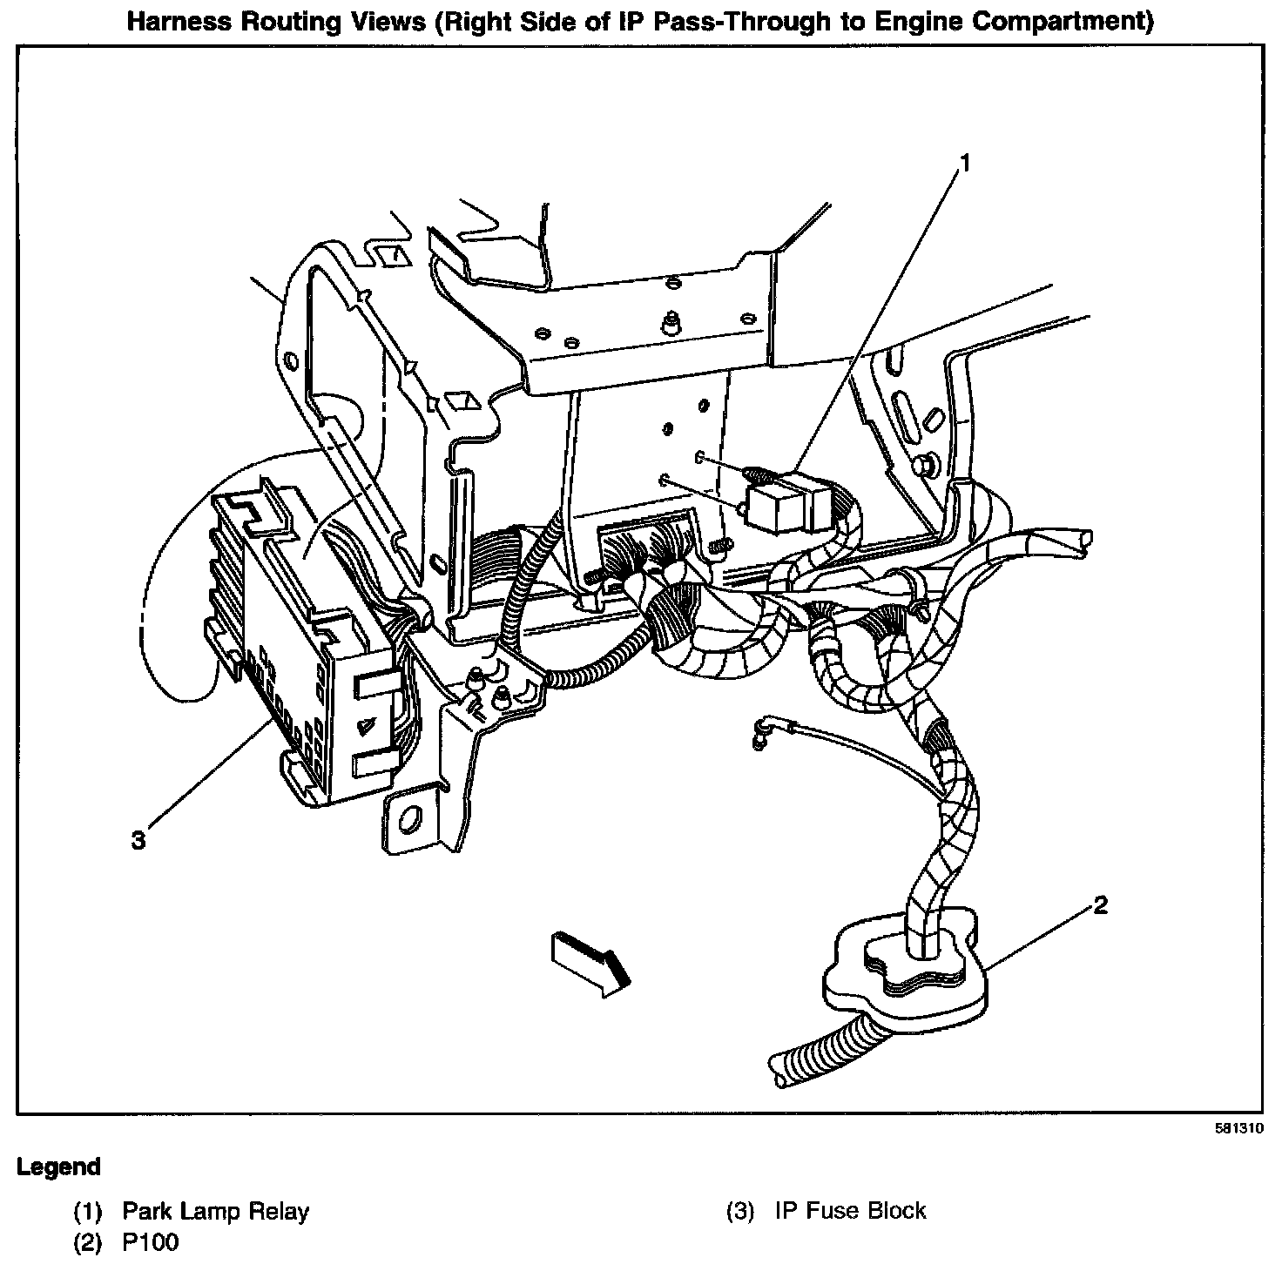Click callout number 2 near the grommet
pos(1100,906)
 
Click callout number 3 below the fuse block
pos(138,840)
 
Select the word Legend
pos(58,1167)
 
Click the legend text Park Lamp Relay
pos(215,1211)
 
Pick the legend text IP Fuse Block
pos(850,1211)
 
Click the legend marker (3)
pos(739,1211)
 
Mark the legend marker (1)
pos(87,1211)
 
